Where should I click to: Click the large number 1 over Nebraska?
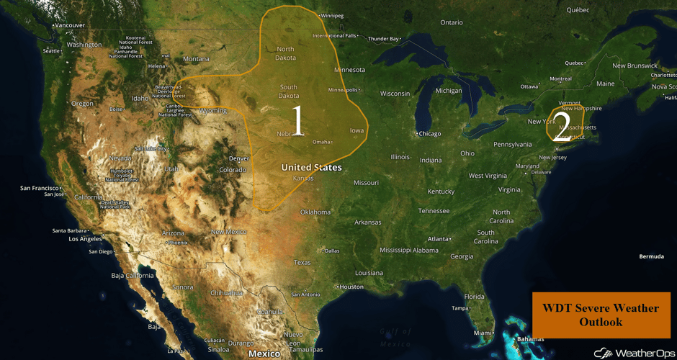coord(297,121)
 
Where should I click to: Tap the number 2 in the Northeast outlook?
coord(562,124)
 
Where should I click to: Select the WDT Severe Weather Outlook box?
coord(601,315)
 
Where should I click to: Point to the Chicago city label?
coord(429,134)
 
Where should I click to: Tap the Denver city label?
coord(238,158)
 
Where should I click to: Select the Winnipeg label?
coord(331,15)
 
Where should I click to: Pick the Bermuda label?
coord(651,256)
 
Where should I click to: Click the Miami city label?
coord(483,333)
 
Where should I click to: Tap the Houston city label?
coord(351,287)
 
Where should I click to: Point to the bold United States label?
coord(311,168)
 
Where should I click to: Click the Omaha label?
coord(321,142)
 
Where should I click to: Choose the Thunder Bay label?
coord(383,39)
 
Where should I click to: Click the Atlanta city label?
coord(437,239)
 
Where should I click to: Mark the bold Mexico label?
coord(264,354)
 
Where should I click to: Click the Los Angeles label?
coord(86,239)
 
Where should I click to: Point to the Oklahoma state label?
coord(315,212)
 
